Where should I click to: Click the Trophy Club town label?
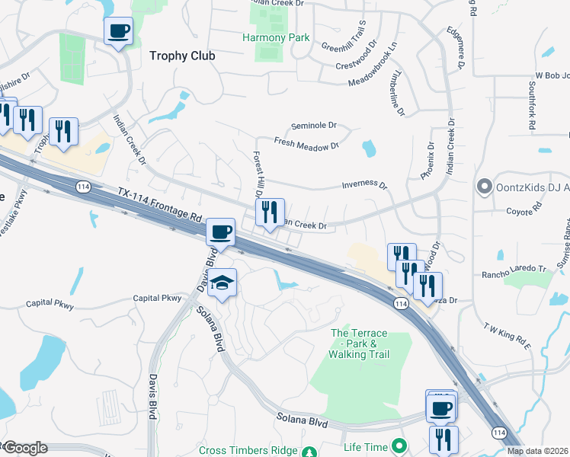(182, 56)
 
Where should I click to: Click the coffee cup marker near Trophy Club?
(118, 32)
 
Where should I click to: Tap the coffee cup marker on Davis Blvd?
(220, 232)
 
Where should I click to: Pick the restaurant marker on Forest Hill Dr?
(269, 213)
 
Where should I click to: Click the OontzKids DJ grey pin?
(483, 187)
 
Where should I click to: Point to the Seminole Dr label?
(314, 126)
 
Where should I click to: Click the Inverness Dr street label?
(364, 185)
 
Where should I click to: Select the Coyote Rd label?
(527, 206)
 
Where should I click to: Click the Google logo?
(24, 448)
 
